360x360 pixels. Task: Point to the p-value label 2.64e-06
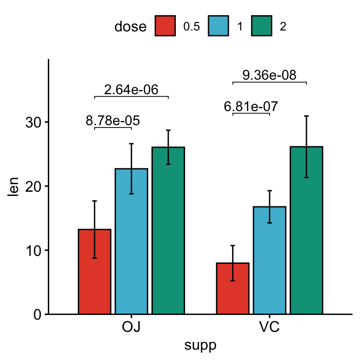pyautogui.click(x=131, y=90)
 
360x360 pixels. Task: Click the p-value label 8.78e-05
pyautogui.click(x=113, y=121)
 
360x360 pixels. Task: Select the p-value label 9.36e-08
pyautogui.click(x=270, y=75)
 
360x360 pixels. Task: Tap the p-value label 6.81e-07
pyautogui.click(x=251, y=107)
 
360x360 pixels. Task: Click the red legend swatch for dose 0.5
pyautogui.click(x=165, y=26)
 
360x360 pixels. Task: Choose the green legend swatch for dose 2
pyautogui.click(x=262, y=26)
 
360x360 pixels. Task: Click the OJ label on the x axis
pyautogui.click(x=132, y=327)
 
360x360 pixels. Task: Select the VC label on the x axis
pyautogui.click(x=270, y=327)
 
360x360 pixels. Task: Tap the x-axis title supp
pyautogui.click(x=201, y=346)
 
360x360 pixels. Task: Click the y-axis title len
pyautogui.click(x=14, y=187)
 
